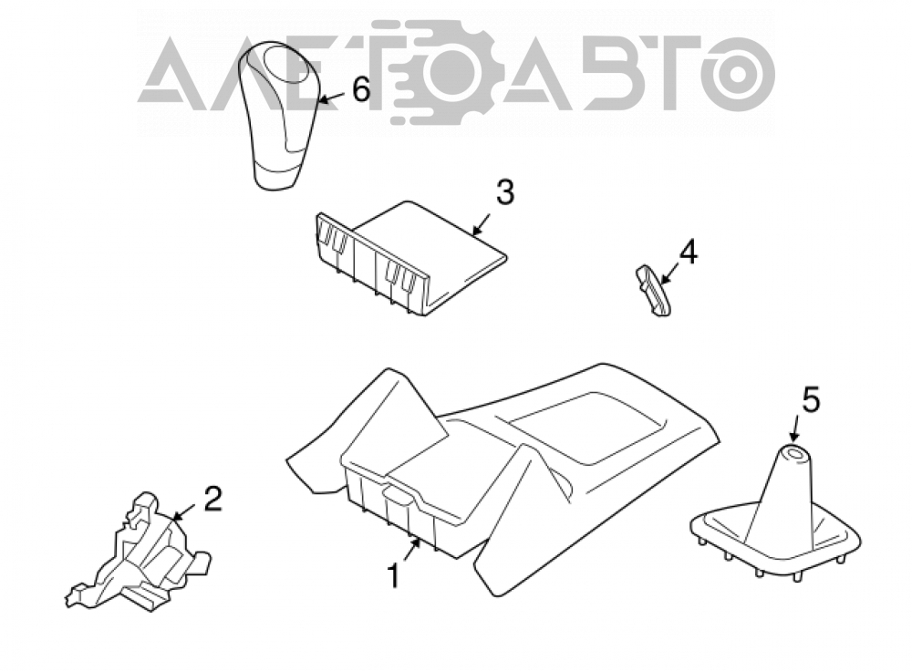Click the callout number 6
(361, 90)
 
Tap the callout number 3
(505, 192)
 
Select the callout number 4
(688, 253)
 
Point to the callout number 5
(811, 400)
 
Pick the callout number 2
(212, 499)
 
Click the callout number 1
(394, 575)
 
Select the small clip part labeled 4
(653, 290)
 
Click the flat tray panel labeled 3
(410, 258)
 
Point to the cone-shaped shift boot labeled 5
(775, 512)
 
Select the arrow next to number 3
(481, 224)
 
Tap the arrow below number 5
(794, 428)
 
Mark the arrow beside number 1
(410, 550)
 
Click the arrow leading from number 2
(185, 511)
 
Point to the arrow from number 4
(669, 274)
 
